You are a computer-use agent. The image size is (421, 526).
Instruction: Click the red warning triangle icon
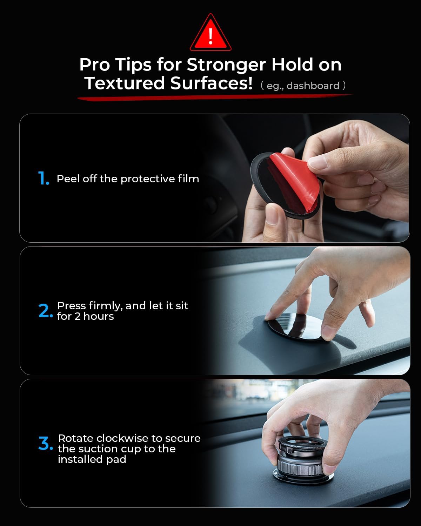210,33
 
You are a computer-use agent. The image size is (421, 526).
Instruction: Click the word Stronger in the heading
226,65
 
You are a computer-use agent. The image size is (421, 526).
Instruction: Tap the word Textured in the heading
125,83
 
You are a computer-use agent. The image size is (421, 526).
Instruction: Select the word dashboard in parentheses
313,86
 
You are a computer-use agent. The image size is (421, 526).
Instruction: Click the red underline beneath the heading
215,97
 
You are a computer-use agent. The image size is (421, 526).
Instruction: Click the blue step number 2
46,311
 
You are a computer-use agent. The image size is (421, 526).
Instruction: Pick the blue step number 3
46,443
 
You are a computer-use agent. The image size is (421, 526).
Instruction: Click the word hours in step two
99,316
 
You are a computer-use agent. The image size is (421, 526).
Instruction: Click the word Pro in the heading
95,65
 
